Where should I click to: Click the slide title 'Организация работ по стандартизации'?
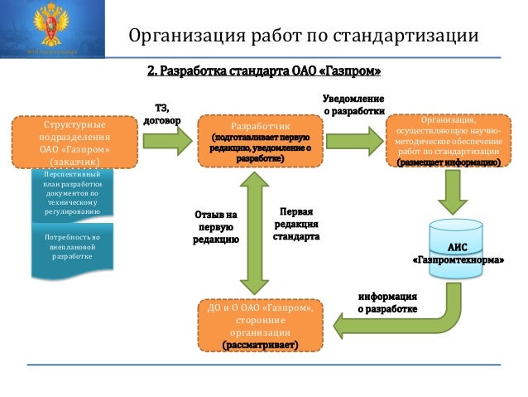304,37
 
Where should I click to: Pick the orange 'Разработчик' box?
261,142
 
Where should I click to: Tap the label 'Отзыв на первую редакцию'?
216,226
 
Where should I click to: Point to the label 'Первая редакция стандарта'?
295,224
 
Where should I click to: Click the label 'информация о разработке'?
387,302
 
